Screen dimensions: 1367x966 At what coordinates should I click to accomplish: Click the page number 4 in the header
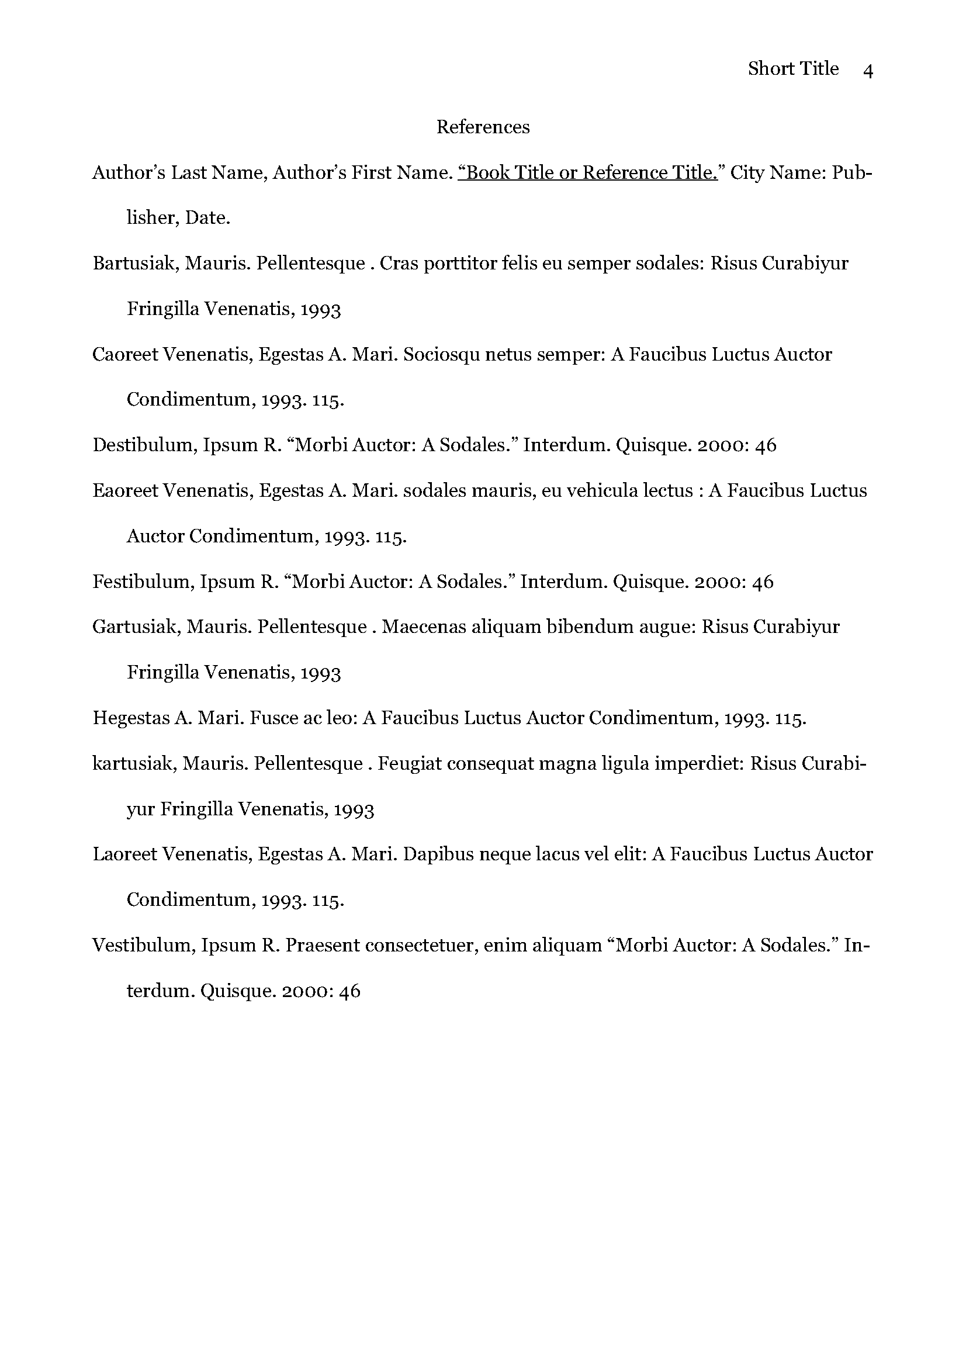tap(867, 71)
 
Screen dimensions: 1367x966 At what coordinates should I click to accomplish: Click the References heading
tap(483, 127)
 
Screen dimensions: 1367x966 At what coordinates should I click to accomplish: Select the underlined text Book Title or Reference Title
tap(588, 172)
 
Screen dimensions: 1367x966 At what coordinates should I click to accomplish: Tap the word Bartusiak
tap(135, 264)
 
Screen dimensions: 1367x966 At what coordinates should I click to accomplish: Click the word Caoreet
tap(124, 355)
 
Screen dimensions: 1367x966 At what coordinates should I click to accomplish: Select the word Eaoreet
tap(124, 491)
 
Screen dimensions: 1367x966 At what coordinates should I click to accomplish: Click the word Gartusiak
tap(136, 627)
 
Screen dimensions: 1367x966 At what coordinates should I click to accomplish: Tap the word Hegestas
tap(131, 718)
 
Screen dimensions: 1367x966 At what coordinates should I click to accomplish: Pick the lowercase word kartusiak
tap(133, 763)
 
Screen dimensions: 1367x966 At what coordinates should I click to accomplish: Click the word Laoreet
tap(124, 854)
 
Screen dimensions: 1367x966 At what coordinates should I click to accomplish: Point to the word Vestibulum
tap(143, 946)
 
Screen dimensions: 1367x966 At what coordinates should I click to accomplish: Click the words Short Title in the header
tap(793, 69)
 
